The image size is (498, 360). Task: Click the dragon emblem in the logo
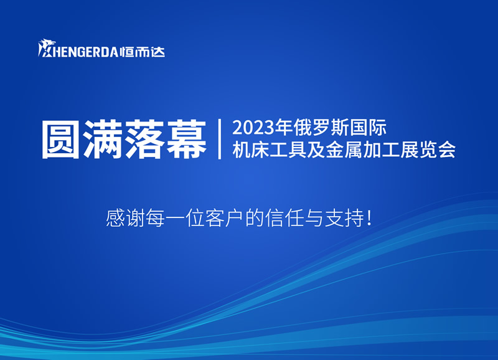coord(47,48)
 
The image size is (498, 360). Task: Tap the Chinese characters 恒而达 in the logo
coord(143,52)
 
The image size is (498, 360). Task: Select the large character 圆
coord(60,140)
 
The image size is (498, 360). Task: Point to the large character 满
coord(102,140)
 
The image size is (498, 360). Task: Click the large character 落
coord(144,140)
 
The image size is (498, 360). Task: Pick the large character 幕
coord(186,140)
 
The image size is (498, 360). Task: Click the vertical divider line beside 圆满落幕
coord(220,139)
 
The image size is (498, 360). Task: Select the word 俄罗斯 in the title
coord(321,128)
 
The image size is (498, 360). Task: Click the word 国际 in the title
coord(368,128)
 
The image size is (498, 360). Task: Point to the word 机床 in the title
coord(251,149)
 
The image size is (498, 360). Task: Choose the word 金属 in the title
coord(344,149)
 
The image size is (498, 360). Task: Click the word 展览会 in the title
coord(428,149)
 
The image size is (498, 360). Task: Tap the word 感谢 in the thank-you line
coord(125,217)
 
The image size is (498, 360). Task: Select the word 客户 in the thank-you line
coord(225,217)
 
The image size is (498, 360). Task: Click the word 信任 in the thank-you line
coord(284,217)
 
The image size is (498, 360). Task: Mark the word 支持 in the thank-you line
coord(344,217)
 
